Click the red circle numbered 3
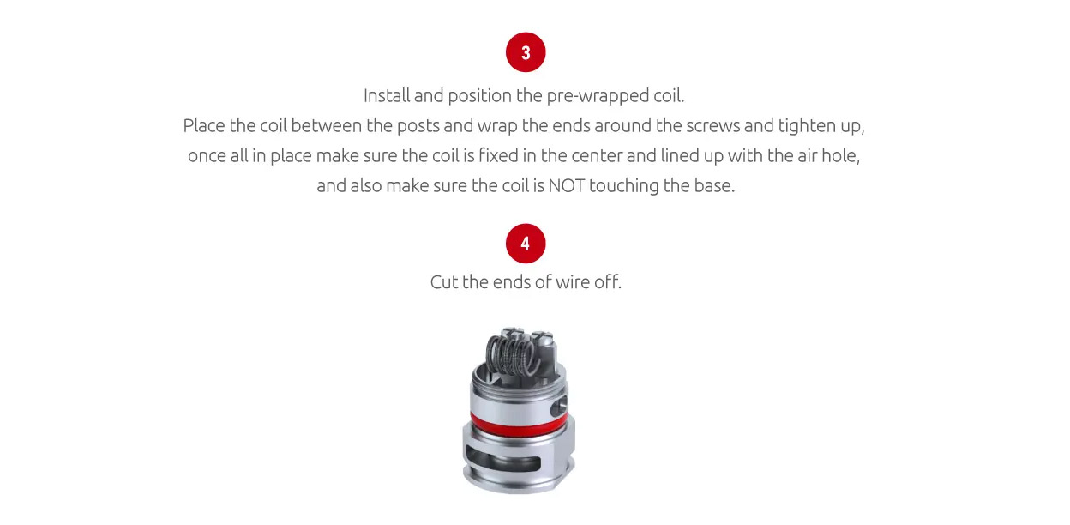pos(526,52)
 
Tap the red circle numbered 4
pos(526,244)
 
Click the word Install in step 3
pos(387,95)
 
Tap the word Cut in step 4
pos(444,282)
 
